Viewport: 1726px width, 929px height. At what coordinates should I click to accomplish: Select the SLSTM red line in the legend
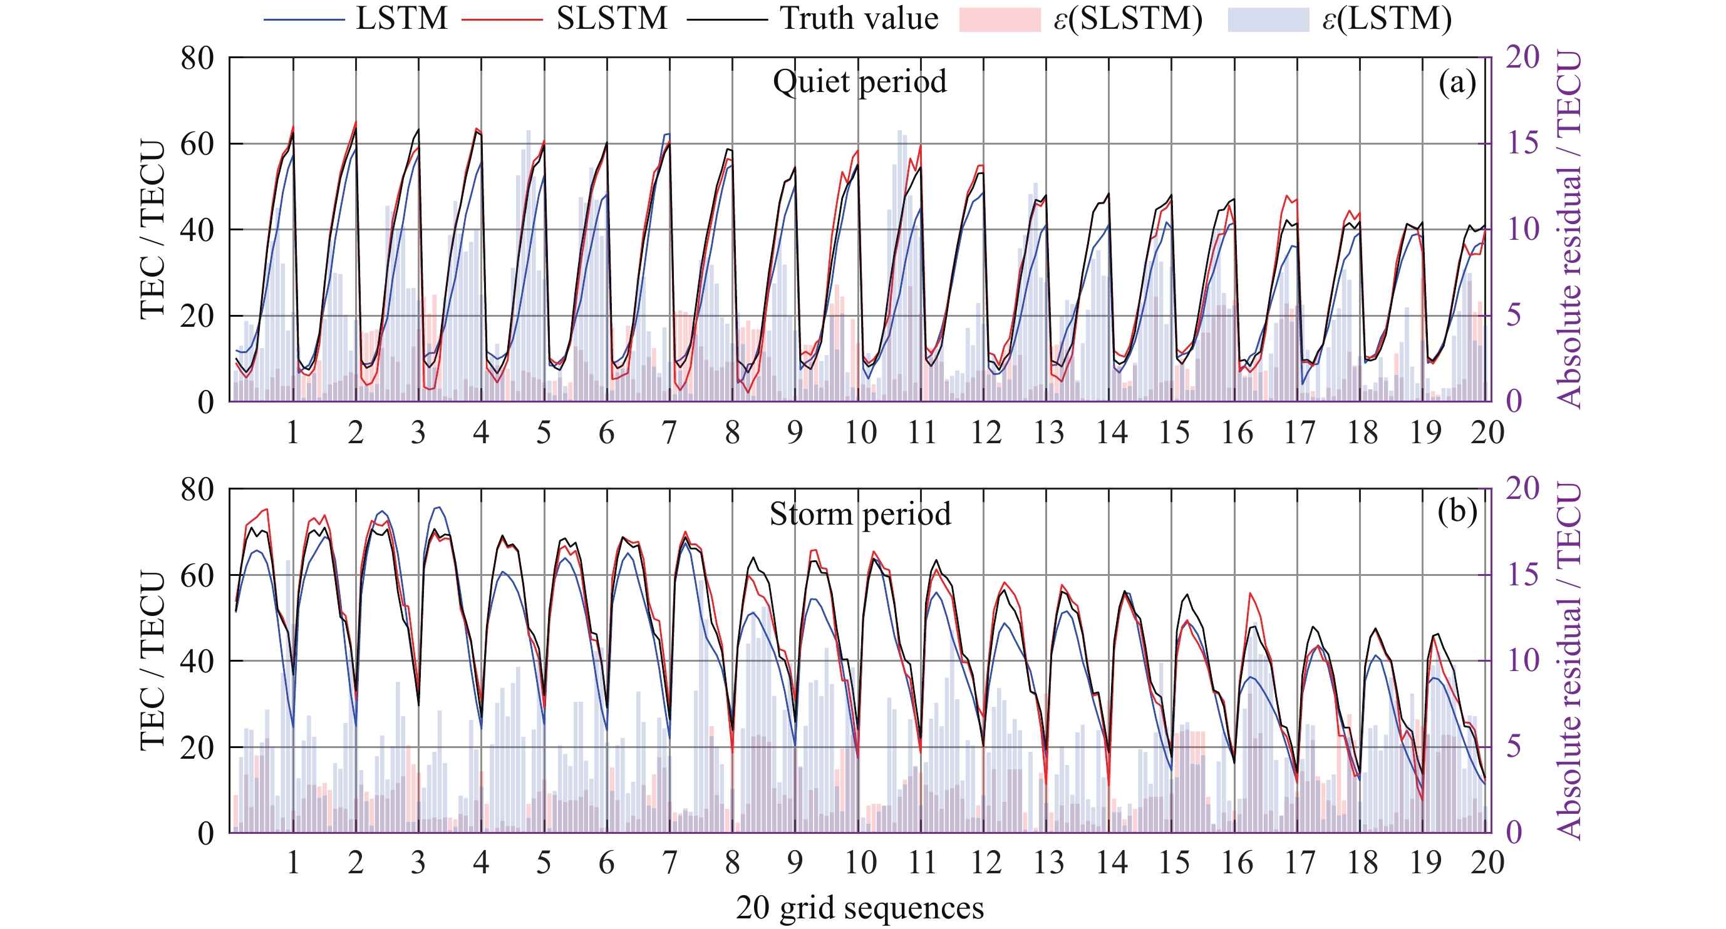point(502,19)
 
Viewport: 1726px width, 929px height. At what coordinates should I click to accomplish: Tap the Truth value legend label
point(859,18)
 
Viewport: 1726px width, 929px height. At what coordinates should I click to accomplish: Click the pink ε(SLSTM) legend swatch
point(999,19)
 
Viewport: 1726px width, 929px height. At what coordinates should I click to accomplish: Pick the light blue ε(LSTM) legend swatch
point(1268,19)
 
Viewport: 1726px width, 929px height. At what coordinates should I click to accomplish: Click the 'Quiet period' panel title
point(860,82)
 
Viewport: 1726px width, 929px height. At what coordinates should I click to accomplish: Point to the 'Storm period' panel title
point(860,515)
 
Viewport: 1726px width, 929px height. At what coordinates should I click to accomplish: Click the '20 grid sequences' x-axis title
point(860,908)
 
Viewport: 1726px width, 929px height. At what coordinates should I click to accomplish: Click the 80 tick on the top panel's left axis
point(197,58)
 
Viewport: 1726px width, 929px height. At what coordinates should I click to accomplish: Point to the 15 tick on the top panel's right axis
point(1522,143)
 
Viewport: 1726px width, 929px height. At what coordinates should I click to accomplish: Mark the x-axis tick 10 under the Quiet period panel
point(860,433)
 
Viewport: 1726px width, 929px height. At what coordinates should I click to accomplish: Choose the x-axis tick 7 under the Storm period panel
point(669,863)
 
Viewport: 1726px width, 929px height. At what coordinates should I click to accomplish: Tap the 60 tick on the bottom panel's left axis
point(197,575)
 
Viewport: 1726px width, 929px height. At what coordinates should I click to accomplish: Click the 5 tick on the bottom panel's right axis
point(1514,747)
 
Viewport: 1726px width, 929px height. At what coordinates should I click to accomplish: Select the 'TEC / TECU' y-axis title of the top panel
point(152,229)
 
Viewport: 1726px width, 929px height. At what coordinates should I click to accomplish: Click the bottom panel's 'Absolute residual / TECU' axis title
point(1569,660)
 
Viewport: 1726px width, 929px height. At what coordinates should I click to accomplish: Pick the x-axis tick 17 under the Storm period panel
point(1299,863)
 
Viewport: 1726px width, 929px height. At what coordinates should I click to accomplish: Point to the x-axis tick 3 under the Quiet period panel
point(418,433)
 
